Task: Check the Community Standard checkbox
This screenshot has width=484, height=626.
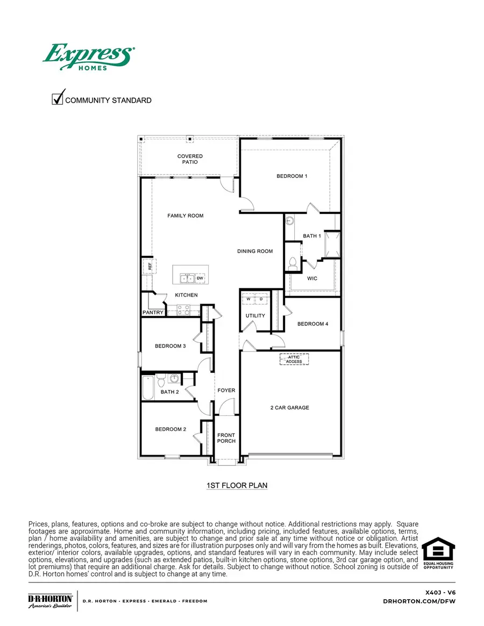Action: pyautogui.click(x=58, y=99)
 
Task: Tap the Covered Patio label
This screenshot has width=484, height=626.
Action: pyautogui.click(x=190, y=160)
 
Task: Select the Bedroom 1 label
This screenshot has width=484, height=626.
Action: pyautogui.click(x=292, y=176)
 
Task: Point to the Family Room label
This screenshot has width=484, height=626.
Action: pyautogui.click(x=186, y=216)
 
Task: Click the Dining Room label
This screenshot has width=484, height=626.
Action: pyautogui.click(x=255, y=251)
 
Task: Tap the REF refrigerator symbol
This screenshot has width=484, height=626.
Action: pyautogui.click(x=149, y=266)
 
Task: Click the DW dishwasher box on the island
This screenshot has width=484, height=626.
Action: pyautogui.click(x=200, y=278)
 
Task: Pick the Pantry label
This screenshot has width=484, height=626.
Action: pyautogui.click(x=153, y=313)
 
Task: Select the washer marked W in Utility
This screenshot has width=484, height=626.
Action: pyautogui.click(x=249, y=299)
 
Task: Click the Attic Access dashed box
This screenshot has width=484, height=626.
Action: pyautogui.click(x=294, y=359)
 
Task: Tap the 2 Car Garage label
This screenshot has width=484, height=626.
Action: pyautogui.click(x=289, y=408)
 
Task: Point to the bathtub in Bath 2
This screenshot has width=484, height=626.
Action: pyautogui.click(x=148, y=387)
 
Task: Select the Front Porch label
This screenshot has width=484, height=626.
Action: pyautogui.click(x=226, y=438)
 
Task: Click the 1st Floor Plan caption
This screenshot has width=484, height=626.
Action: pyautogui.click(x=237, y=486)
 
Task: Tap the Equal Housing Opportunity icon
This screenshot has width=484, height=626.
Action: pyautogui.click(x=438, y=553)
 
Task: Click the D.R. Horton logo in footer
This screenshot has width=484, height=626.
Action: pyautogui.click(x=50, y=601)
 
